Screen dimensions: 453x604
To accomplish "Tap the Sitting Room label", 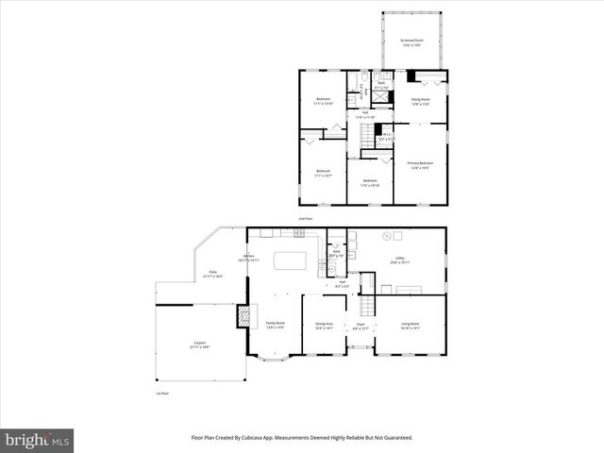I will [420, 100].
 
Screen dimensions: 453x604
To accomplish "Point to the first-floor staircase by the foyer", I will [365, 306].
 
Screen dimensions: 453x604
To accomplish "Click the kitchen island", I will [291, 260].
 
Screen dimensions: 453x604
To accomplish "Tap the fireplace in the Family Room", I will [247, 316].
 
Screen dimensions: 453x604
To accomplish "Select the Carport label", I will [200, 344].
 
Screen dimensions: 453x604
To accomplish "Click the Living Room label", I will [411, 326].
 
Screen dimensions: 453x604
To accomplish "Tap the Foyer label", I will [361, 326].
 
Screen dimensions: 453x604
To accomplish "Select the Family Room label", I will [275, 326].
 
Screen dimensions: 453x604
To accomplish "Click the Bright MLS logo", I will [38, 439].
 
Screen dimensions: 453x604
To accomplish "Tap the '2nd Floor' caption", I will [304, 218].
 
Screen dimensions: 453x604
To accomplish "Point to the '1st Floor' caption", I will [163, 393].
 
